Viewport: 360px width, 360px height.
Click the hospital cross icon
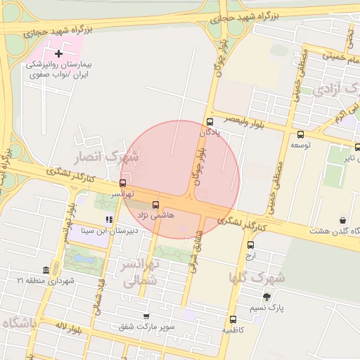(58, 53)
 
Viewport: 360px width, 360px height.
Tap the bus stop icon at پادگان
(210, 121)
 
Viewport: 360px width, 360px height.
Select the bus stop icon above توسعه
(301, 134)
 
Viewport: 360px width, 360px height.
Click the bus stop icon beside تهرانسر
(123, 183)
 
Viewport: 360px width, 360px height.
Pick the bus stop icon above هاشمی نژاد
(155, 205)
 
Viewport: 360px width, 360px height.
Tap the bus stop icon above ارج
(251, 245)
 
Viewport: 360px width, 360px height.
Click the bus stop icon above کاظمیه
(233, 319)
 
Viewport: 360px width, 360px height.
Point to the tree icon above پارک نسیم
(266, 297)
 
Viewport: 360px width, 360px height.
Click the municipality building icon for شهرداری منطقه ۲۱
(46, 271)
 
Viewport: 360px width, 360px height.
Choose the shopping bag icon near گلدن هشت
(342, 220)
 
